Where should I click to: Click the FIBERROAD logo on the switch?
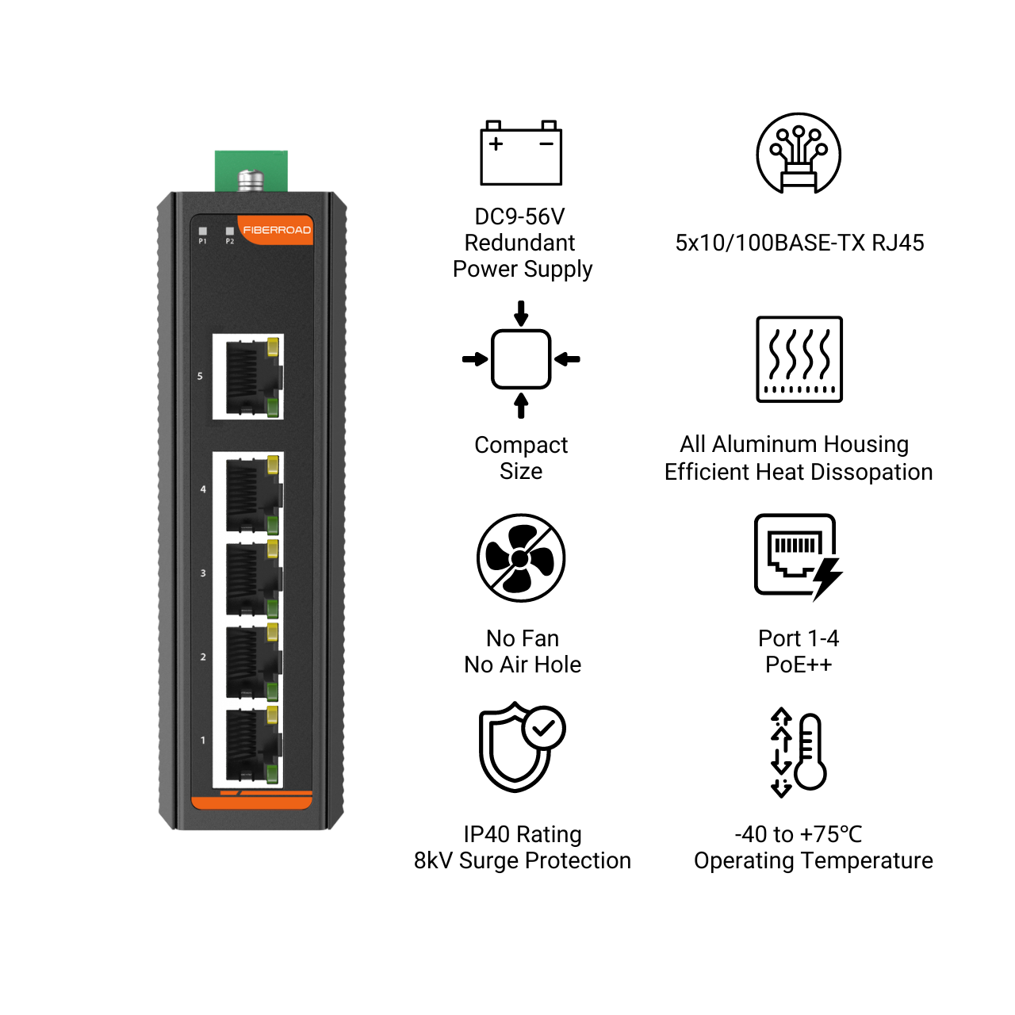(x=277, y=230)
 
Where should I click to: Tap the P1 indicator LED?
(x=203, y=231)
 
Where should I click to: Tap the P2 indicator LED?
(x=230, y=231)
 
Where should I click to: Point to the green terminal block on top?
(x=251, y=171)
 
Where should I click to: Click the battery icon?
(x=521, y=153)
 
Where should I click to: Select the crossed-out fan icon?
(x=521, y=557)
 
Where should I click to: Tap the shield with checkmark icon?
(x=522, y=747)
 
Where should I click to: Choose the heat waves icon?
(x=799, y=359)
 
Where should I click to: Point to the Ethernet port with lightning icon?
(x=798, y=557)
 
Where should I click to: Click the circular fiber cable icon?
(x=799, y=153)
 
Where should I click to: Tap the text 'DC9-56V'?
(x=520, y=216)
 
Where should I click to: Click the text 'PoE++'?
(x=799, y=665)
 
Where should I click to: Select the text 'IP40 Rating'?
(x=523, y=834)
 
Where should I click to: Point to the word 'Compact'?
(x=521, y=446)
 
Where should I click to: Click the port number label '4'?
(x=203, y=489)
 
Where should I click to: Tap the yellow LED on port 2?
(x=272, y=632)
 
